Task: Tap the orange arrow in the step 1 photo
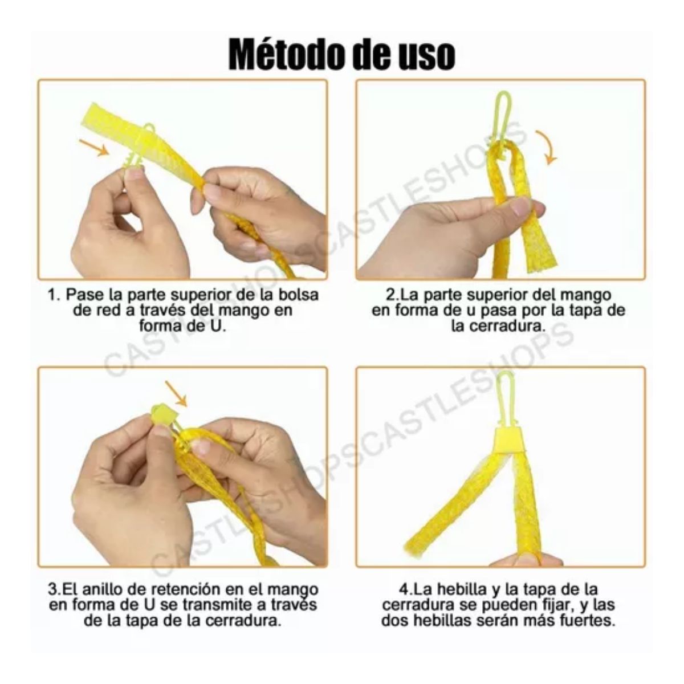(95, 148)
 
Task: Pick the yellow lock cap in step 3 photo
(162, 413)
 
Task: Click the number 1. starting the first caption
(55, 295)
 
